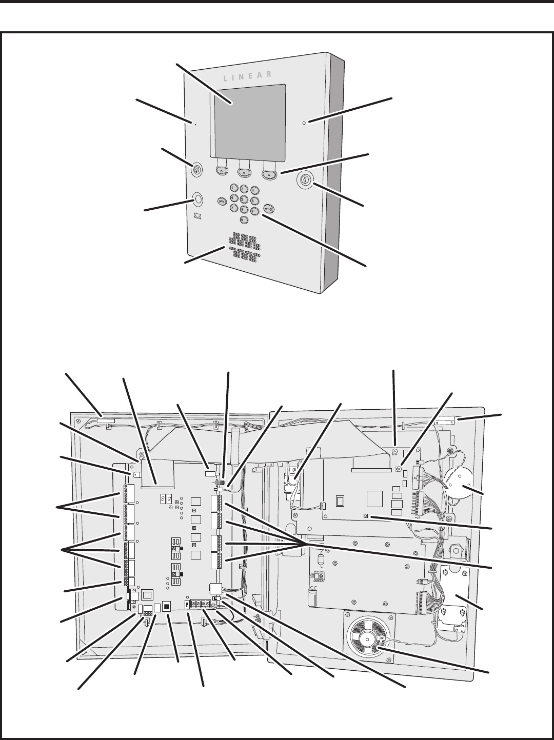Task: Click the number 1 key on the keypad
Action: [234, 188]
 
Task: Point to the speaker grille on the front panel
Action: [245, 248]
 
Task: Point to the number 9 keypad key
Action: [254, 211]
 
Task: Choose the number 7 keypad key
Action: [234, 208]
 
